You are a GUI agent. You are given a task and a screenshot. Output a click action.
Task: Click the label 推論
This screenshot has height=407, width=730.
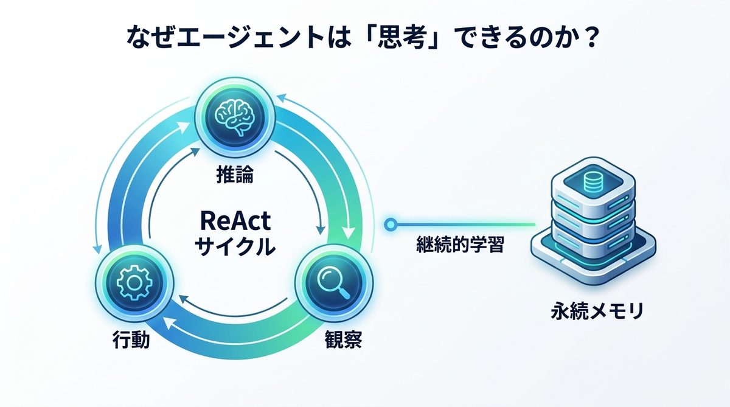pos(234,176)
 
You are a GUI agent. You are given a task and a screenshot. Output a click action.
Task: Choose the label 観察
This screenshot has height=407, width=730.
pos(341,339)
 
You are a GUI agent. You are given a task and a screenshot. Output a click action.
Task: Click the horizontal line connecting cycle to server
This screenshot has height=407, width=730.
pos(462,225)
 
